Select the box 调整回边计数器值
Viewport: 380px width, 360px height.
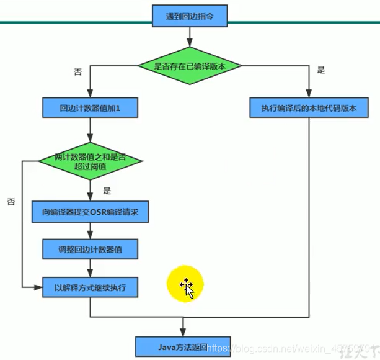tap(90, 250)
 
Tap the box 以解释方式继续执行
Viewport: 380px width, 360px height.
tap(90, 287)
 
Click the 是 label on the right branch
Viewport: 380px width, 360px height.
tap(320, 70)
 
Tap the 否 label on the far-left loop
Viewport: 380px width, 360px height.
tap(11, 202)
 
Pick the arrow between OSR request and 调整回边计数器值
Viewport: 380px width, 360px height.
tap(90, 232)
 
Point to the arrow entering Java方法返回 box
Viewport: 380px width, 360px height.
tap(183, 326)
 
